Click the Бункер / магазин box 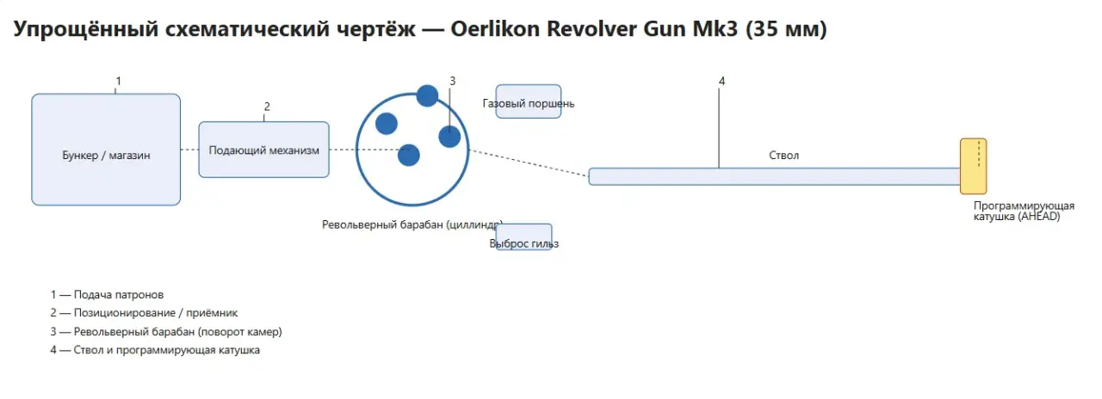[106, 150]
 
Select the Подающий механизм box [263, 150]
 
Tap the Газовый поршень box [529, 101]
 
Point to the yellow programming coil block [973, 166]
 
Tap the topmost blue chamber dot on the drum [427, 95]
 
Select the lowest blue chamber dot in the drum [408, 155]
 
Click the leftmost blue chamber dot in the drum [387, 123]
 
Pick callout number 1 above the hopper [118, 81]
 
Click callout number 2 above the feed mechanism [267, 107]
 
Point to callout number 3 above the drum [452, 81]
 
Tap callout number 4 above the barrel [721, 81]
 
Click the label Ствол [783, 156]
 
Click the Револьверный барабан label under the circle [412, 224]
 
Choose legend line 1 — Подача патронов [107, 295]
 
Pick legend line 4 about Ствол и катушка [155, 351]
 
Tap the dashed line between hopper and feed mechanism [189, 150]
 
